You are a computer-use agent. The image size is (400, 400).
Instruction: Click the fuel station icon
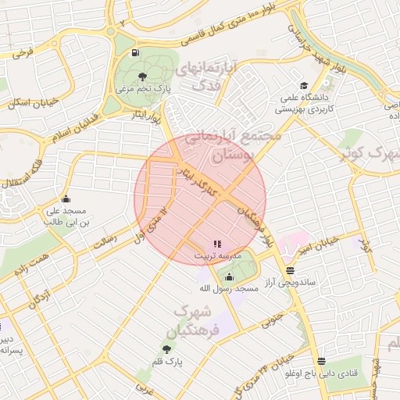137,53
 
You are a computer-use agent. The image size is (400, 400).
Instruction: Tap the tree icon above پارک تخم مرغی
141,76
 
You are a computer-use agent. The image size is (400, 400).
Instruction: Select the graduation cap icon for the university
303,86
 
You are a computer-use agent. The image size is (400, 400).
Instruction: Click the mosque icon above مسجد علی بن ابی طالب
65,198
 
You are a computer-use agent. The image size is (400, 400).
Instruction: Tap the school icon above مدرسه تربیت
217,244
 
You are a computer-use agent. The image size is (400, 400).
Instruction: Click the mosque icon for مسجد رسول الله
229,277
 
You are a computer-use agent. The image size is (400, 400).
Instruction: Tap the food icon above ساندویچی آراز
291,270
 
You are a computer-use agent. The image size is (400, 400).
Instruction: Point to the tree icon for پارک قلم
166,348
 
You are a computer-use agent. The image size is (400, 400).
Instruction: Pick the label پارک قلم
166,362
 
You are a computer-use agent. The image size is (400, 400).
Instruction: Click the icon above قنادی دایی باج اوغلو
321,361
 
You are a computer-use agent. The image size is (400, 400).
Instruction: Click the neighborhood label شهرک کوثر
367,153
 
